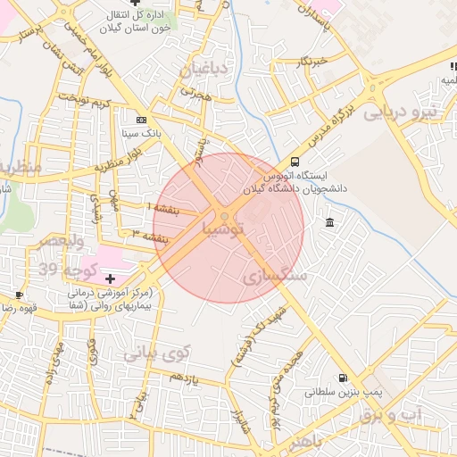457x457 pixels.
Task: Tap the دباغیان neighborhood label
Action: (x=205, y=71)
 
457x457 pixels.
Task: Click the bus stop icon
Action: (x=295, y=162)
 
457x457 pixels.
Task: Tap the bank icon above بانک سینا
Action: (x=141, y=119)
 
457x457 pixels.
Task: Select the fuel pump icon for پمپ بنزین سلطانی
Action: (x=344, y=378)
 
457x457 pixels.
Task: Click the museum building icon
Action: (x=330, y=222)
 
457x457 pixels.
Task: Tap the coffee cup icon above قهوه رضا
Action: (x=18, y=295)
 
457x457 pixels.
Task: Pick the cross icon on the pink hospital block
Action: (x=110, y=279)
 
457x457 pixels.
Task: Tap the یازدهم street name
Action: (x=184, y=378)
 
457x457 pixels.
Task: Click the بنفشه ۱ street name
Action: (x=163, y=208)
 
